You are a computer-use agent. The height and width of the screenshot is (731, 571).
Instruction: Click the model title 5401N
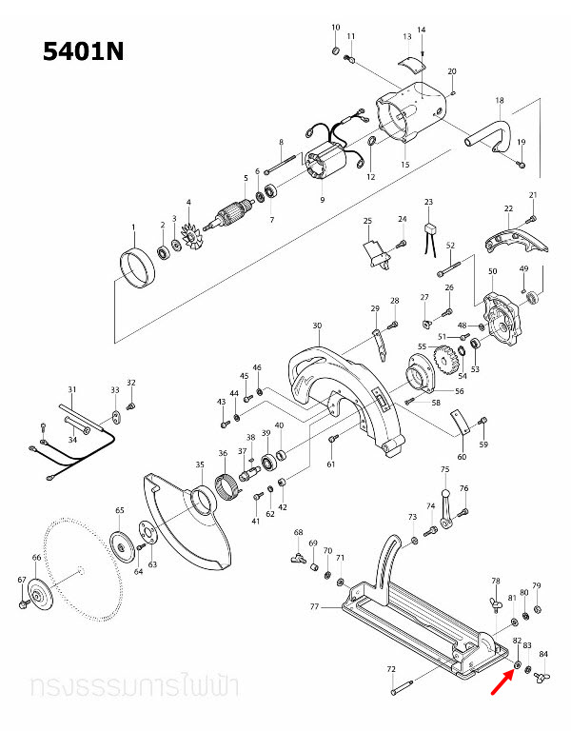pyautogui.click(x=83, y=51)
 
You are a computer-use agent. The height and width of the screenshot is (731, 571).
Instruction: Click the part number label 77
pyautogui.click(x=314, y=605)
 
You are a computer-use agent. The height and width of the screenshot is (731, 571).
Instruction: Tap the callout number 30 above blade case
pyautogui.click(x=316, y=326)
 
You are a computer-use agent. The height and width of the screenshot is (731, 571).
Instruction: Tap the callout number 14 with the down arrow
pyautogui.click(x=422, y=30)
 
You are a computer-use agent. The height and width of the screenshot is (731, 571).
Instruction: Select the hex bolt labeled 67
pyautogui.click(x=23, y=603)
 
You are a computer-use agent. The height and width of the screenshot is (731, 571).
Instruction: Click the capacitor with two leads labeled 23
pyautogui.click(x=429, y=228)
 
